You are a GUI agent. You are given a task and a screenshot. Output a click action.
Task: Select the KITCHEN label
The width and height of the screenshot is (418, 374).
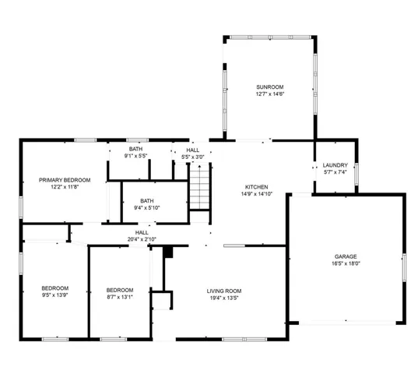(x=257, y=187)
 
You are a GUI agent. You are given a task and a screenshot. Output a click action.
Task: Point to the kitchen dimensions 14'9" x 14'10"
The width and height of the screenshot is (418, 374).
(x=257, y=195)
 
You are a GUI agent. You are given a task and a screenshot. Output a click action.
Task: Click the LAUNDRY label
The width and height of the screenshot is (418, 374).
(x=335, y=165)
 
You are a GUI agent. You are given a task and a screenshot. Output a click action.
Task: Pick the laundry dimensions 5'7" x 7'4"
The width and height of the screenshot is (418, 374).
(x=335, y=172)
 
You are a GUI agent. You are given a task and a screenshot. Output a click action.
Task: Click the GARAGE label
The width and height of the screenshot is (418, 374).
(x=346, y=256)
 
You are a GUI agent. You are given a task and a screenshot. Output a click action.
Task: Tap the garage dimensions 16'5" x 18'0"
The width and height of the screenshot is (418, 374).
(x=346, y=263)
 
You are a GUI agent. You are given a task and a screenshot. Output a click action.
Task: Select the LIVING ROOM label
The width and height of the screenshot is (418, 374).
(x=223, y=291)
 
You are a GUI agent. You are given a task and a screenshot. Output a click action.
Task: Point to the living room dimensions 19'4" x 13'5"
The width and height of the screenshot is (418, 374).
(x=223, y=298)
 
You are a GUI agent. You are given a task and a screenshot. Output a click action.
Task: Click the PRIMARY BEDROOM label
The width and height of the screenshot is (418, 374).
(x=65, y=180)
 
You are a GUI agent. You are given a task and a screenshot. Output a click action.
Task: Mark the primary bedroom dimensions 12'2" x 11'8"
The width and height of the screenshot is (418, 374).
(x=65, y=188)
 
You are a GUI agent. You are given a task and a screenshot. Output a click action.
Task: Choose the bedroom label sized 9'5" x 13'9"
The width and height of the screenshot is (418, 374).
(x=54, y=288)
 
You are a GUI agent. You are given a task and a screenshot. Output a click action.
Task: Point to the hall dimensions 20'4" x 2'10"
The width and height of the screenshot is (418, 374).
(x=142, y=239)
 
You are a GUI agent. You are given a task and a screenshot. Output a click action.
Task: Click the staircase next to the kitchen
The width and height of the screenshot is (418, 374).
(x=200, y=192)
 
